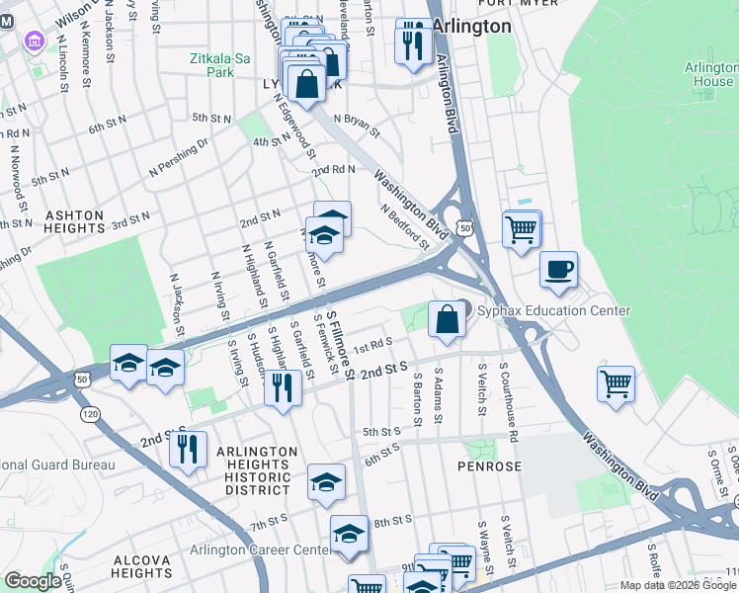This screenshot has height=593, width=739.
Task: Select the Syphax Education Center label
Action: pyautogui.click(x=553, y=310)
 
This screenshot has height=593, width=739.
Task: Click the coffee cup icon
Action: pyautogui.click(x=559, y=269)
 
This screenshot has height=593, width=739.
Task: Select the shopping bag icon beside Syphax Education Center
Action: pyautogui.click(x=447, y=319)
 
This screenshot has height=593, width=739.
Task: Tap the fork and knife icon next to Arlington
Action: pyautogui.click(x=412, y=42)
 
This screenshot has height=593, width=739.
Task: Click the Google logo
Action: pyautogui.click(x=33, y=581)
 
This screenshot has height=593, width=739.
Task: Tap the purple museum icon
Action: pyautogui.click(x=37, y=42)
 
